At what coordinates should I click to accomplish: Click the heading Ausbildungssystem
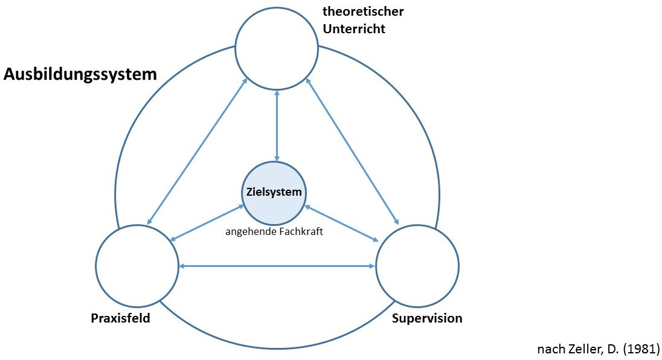80,75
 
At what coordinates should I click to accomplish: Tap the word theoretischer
363,11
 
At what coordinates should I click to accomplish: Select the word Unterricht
353,28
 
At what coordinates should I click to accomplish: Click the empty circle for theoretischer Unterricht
277,49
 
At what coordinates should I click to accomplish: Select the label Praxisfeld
121,318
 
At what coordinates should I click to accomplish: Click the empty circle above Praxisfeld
137,266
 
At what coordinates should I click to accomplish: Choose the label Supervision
427,318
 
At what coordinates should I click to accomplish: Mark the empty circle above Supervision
417,266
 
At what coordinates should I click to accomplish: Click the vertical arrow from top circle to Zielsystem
277,127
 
